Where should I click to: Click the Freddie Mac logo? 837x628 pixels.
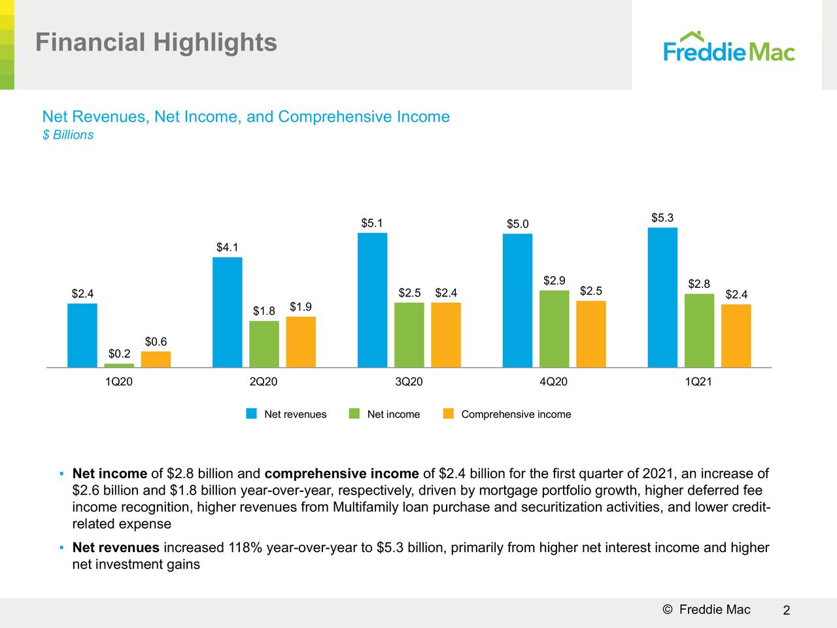[728, 47]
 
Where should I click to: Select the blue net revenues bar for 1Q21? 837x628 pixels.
[662, 298]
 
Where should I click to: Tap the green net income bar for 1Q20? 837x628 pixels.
[119, 365]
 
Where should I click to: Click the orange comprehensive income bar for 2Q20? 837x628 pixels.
[301, 342]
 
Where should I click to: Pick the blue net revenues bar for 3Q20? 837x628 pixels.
[372, 300]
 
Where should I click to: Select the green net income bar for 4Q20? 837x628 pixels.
[554, 329]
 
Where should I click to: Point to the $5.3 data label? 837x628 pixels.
[662, 218]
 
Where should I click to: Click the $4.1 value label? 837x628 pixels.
[228, 247]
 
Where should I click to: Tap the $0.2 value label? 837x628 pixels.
[119, 354]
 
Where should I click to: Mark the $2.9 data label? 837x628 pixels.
[554, 281]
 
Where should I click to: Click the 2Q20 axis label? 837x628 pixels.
[264, 382]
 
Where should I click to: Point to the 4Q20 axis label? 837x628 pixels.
[553, 382]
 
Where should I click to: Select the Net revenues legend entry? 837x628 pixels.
[295, 414]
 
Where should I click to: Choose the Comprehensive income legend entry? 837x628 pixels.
[516, 414]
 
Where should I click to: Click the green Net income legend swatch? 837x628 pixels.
[354, 413]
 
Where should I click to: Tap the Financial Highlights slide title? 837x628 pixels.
[156, 43]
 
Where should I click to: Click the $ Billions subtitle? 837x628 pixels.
[67, 135]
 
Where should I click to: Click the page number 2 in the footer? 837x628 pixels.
[787, 611]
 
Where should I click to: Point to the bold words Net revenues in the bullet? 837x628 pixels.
[116, 548]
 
